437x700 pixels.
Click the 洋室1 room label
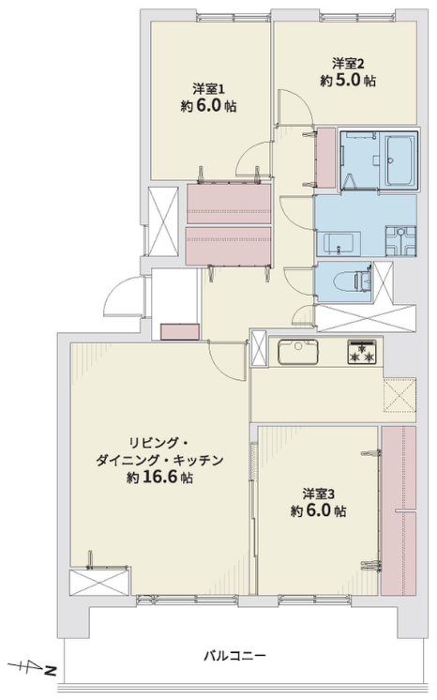tap(208, 89)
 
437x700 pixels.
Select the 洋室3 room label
tap(319, 495)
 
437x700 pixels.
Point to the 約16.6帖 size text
tap(159, 478)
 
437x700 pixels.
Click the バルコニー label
tap(234, 656)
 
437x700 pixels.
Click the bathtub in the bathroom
tap(400, 160)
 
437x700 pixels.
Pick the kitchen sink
tap(298, 352)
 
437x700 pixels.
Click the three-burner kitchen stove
tap(362, 352)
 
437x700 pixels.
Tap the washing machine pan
tap(400, 241)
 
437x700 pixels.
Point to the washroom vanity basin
tap(338, 244)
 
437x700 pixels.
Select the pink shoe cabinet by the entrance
tap(180, 331)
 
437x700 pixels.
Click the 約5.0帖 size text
tap(348, 81)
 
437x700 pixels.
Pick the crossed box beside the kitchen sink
tap(258, 348)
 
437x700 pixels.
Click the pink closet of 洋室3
tap(399, 510)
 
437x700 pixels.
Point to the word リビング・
tap(159, 443)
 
